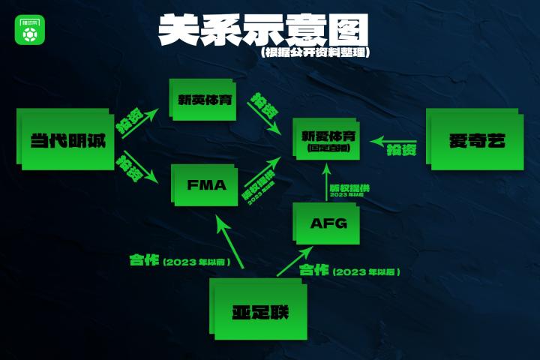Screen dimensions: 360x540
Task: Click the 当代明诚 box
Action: pyautogui.click(x=67, y=139)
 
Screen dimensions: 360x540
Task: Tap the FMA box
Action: pyautogui.click(x=205, y=184)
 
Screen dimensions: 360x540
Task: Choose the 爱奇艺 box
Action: pyautogui.click(x=475, y=139)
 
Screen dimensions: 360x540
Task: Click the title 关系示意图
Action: pyautogui.click(x=263, y=30)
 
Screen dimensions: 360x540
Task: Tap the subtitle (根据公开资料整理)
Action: pyautogui.click(x=316, y=53)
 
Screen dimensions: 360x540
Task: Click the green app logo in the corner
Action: pyautogui.click(x=31, y=30)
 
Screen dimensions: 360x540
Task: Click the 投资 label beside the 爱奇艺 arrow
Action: pyautogui.click(x=401, y=151)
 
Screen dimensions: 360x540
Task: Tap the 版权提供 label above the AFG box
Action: pyautogui.click(x=349, y=187)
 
